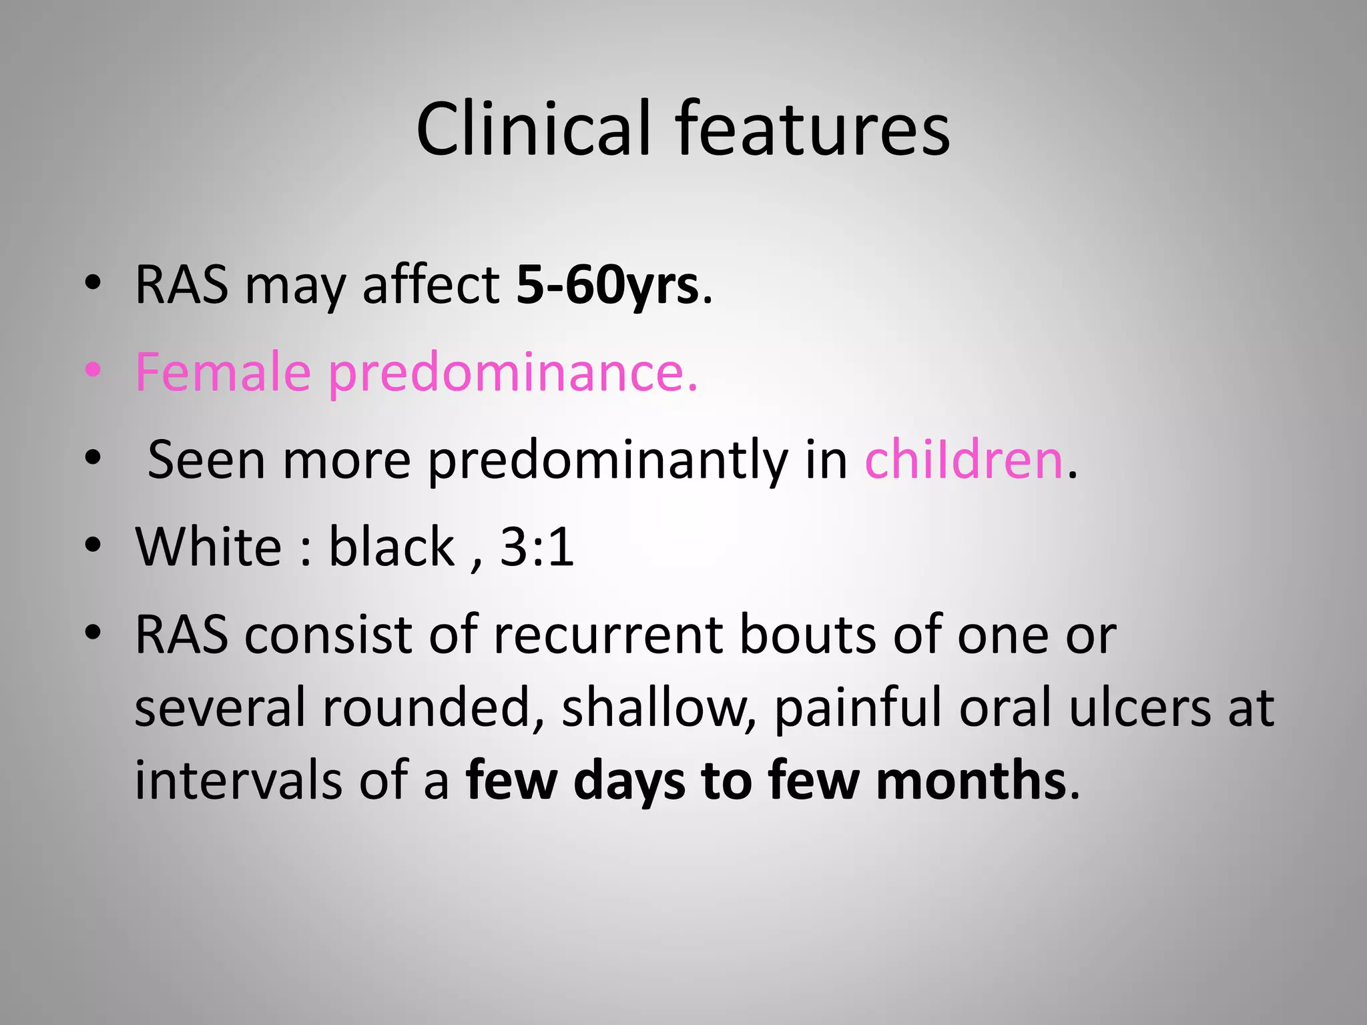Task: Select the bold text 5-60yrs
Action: pos(607,285)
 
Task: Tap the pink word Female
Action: pos(223,372)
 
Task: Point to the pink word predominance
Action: pos(513,373)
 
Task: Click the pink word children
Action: pos(963,460)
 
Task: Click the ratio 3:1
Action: pos(537,547)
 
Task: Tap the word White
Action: pos(208,547)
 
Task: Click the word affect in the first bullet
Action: pos(431,285)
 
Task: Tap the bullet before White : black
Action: pos(93,545)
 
